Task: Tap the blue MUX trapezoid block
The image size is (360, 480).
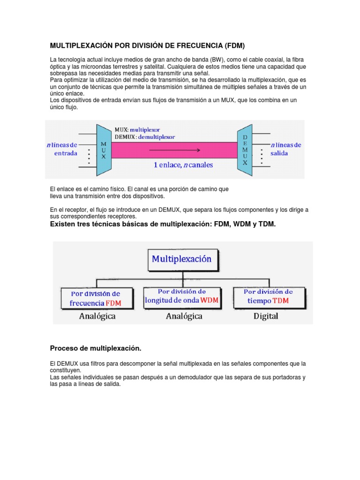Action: click(104, 150)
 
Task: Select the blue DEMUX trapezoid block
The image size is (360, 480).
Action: click(245, 150)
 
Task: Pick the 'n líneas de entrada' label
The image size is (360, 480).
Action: click(65, 149)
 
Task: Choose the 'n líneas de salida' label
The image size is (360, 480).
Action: click(285, 149)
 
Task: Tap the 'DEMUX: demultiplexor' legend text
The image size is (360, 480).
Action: click(145, 137)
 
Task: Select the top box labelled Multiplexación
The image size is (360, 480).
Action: click(181, 259)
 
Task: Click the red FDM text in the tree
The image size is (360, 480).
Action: click(113, 303)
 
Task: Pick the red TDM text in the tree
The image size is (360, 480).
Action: click(281, 300)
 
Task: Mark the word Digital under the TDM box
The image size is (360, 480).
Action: click(266, 316)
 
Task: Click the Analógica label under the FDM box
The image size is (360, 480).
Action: click(97, 316)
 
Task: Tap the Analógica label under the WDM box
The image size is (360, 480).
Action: click(184, 316)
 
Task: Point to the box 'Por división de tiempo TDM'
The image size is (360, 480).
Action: click(269, 296)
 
